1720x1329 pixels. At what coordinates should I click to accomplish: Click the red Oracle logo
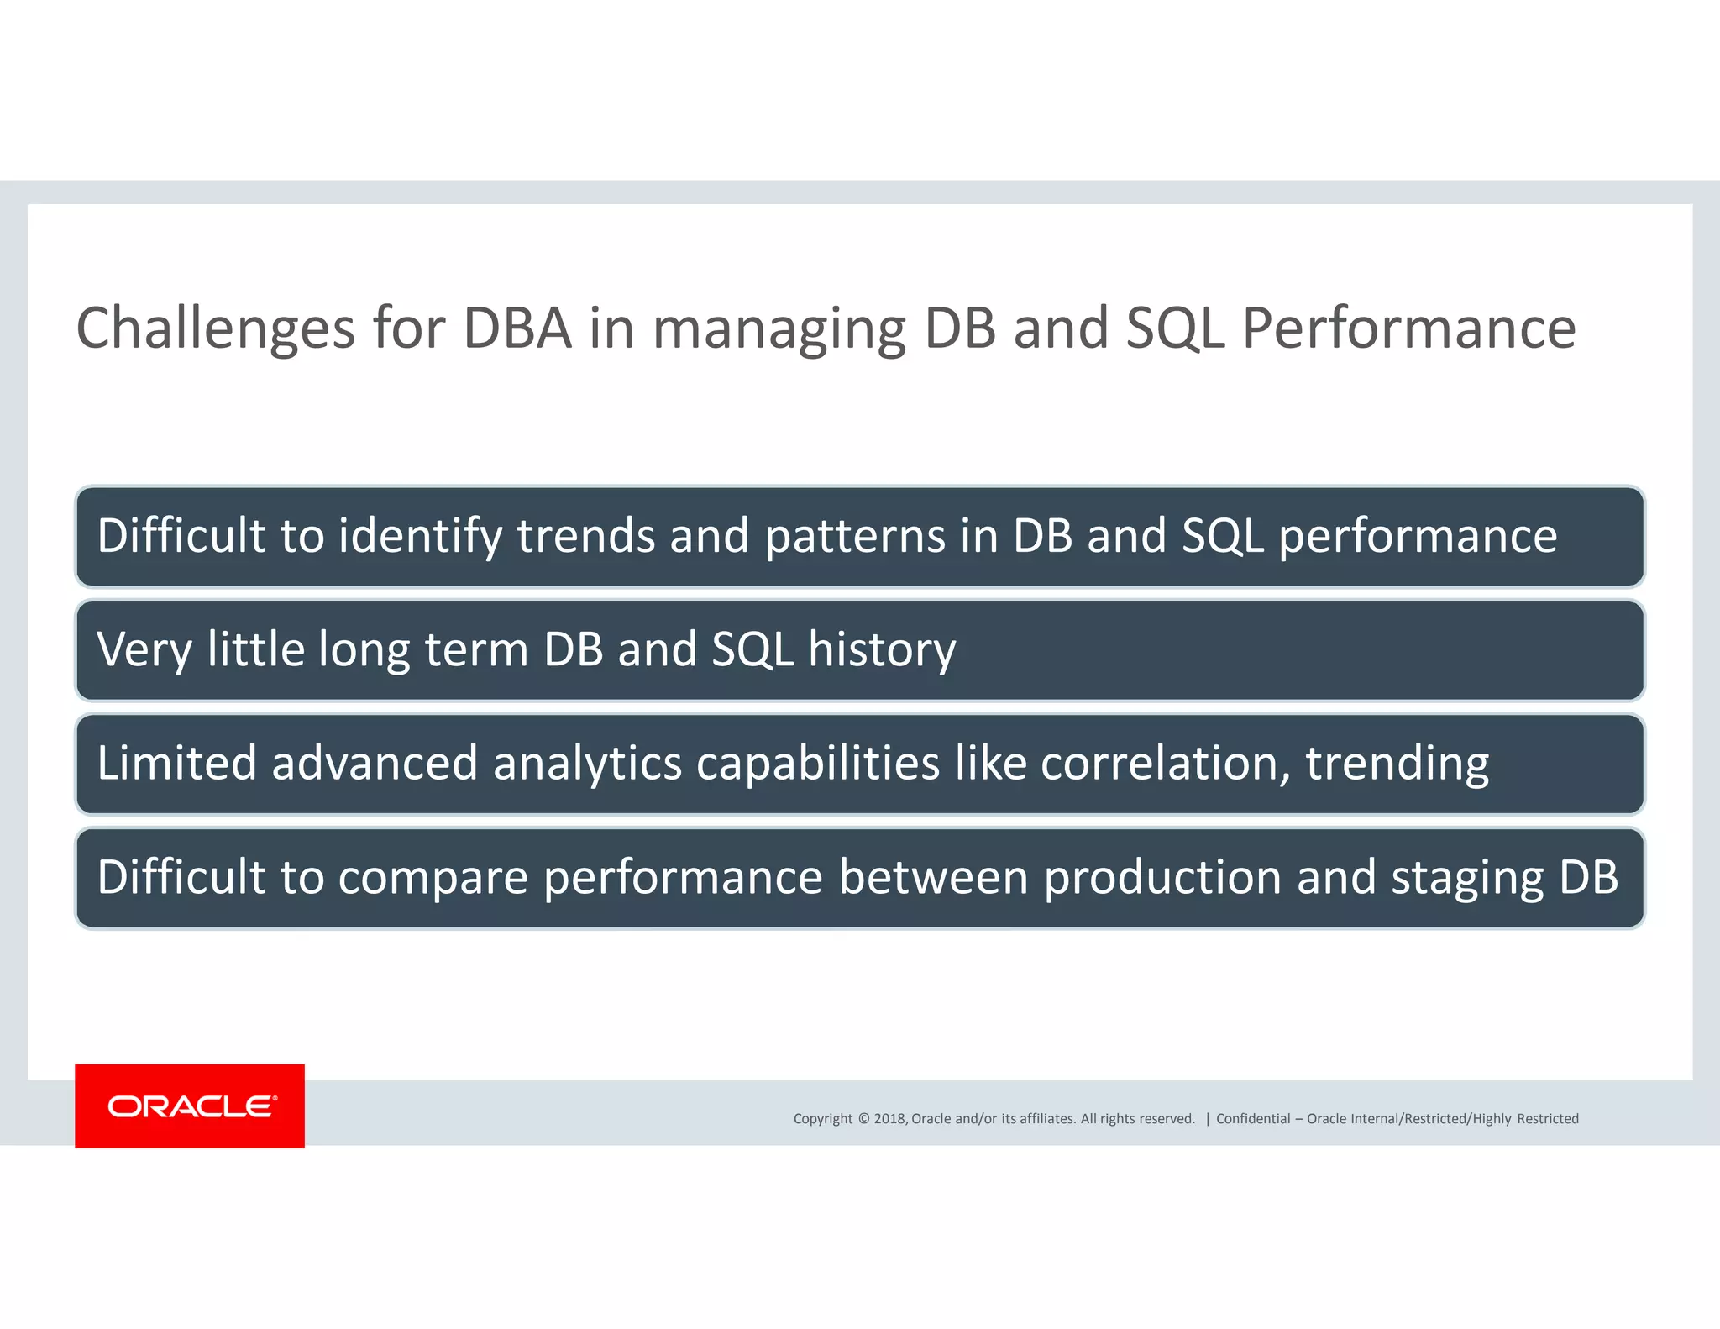pos(190,1106)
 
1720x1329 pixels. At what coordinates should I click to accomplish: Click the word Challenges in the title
pos(216,328)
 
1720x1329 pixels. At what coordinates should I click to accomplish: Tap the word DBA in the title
pos(517,328)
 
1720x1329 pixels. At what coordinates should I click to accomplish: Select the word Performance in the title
pos(1408,328)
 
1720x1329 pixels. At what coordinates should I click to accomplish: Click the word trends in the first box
pos(586,537)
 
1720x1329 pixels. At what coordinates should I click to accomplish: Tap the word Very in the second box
pos(144,650)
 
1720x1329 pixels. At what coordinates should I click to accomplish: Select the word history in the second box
pos(882,650)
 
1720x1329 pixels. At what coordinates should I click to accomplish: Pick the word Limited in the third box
pos(176,764)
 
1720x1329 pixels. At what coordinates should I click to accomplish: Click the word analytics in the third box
pos(587,764)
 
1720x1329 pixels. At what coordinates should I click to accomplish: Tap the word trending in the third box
pos(1397,764)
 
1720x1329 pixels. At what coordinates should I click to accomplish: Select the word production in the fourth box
pos(1162,878)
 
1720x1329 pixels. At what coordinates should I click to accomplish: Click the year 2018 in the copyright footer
pos(889,1118)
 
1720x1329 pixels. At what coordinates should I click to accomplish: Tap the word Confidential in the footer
pos(1253,1118)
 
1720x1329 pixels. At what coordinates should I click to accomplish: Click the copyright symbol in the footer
pos(863,1118)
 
